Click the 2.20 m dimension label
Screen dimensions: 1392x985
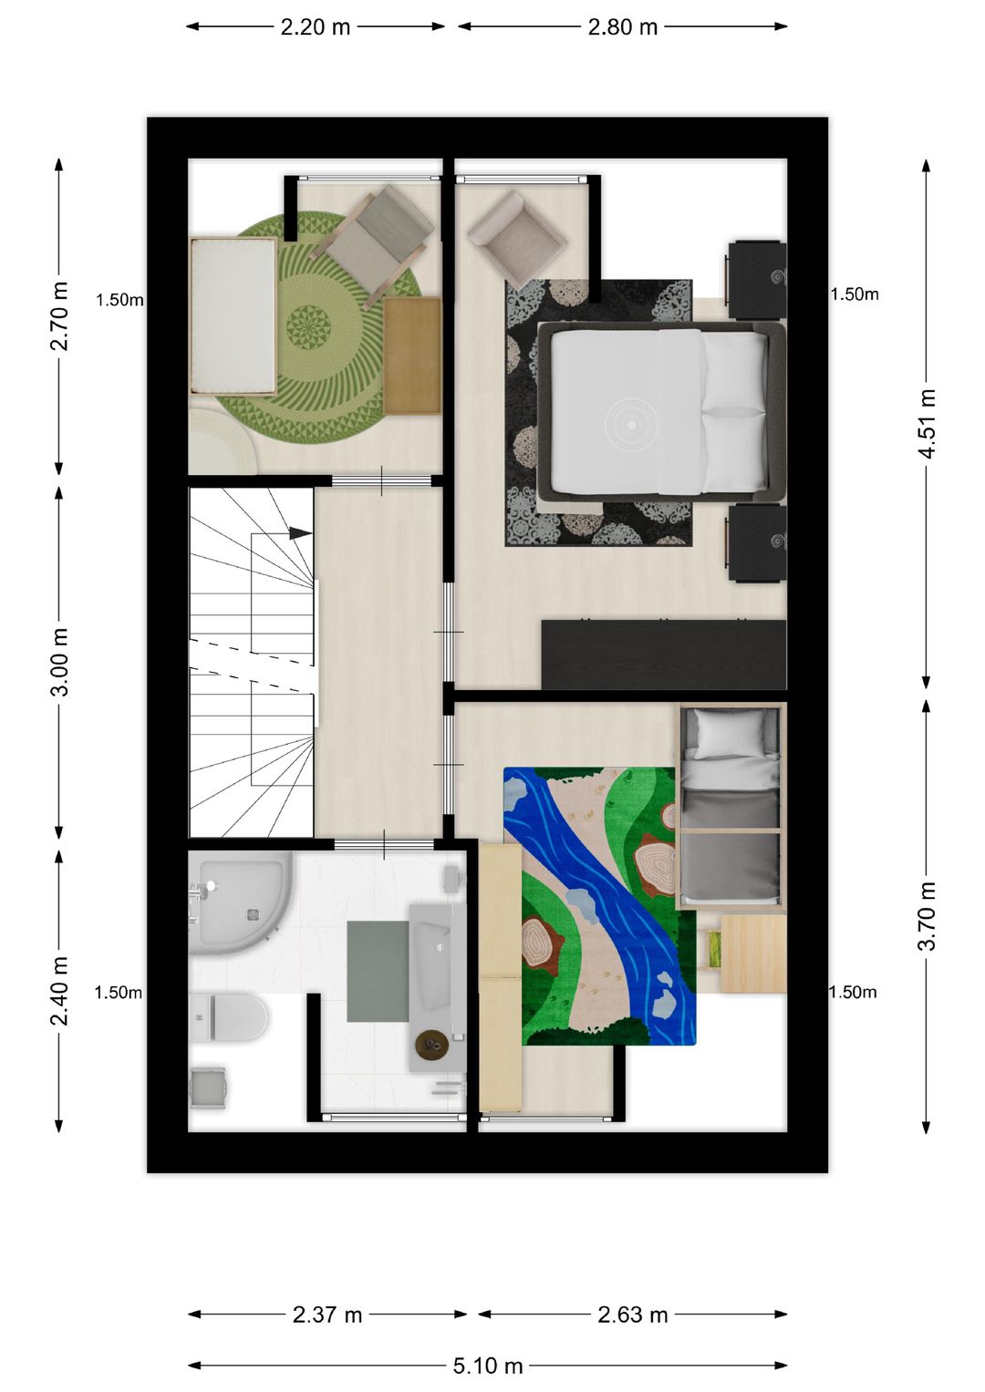(x=316, y=27)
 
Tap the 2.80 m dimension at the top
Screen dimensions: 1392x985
(x=623, y=27)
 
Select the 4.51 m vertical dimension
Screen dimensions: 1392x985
(x=927, y=424)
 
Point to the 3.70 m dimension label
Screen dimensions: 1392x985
(x=927, y=916)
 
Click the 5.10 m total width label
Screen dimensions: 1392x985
(x=488, y=1366)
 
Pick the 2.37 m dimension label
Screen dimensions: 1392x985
(x=327, y=1315)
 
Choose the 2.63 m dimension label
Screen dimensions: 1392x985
(x=633, y=1315)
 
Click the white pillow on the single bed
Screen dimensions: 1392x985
(x=729, y=732)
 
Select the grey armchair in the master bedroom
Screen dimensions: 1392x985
(x=515, y=237)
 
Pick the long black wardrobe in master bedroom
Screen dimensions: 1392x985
(x=664, y=655)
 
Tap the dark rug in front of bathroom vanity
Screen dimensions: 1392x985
(x=378, y=971)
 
